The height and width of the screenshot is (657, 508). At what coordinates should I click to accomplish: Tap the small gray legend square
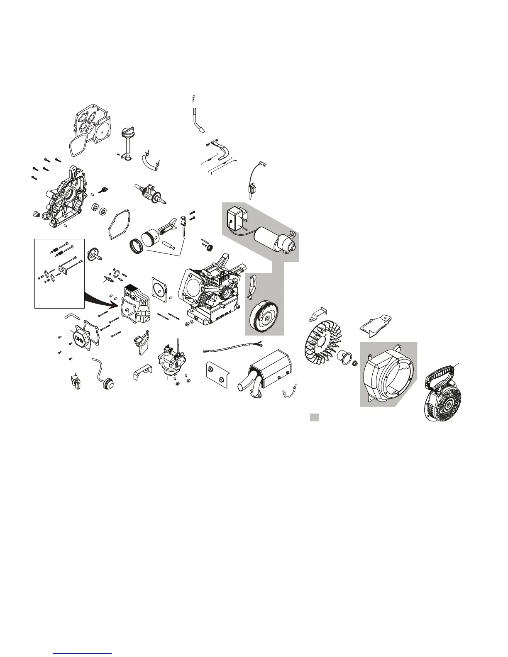[315, 417]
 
